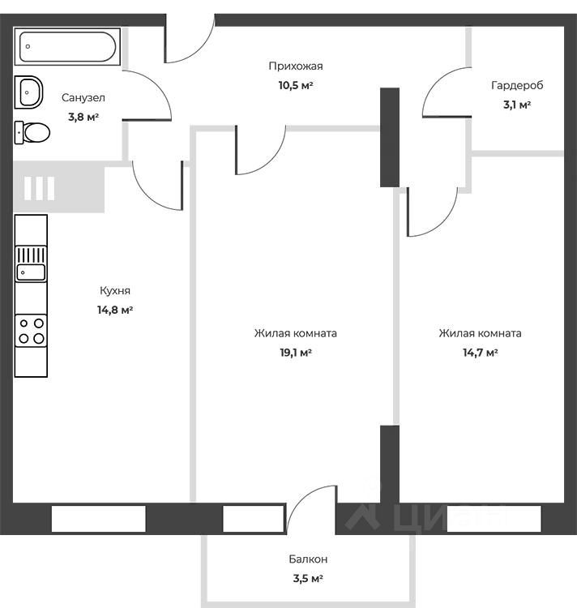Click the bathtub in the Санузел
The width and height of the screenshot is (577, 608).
pos(68,46)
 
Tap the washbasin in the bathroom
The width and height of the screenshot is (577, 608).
pos(29,92)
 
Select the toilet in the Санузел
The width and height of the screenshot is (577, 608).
pos(33,131)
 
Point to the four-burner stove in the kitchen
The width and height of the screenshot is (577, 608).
pos(32,331)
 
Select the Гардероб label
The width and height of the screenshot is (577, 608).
pos(516,85)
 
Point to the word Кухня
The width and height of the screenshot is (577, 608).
pos(115,290)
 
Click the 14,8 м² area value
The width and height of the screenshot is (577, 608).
pos(115,310)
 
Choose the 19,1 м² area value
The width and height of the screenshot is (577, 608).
pos(295,353)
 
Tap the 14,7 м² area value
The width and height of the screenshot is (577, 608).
pos(480,353)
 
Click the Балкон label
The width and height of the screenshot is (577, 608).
pos(308,559)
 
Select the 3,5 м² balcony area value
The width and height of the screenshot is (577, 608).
pos(308,579)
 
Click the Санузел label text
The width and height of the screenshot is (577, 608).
pos(83,97)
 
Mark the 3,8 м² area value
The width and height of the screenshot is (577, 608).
pos(83,117)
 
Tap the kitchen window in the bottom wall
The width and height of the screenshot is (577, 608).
pos(99,519)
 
